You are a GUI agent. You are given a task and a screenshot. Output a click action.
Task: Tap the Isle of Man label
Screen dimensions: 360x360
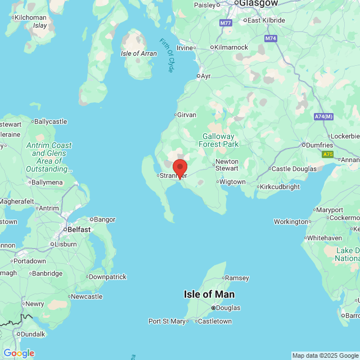(209, 294)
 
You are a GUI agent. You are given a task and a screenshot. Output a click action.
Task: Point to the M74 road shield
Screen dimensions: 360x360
(271, 38)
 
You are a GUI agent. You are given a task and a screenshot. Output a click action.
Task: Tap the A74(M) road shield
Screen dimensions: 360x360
(324, 116)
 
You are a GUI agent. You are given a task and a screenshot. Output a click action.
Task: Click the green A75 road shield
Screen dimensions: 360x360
(327, 154)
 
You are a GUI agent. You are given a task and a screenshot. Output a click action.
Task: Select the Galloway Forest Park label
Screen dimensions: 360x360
(218, 140)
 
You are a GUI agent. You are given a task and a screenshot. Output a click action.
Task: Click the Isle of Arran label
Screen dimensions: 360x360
(139, 53)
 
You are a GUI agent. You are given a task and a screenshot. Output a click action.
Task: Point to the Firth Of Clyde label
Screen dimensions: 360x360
(166, 56)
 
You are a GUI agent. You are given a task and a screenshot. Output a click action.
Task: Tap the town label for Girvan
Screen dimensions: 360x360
(186, 114)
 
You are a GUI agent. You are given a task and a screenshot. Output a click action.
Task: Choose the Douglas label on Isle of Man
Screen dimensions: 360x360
(228, 308)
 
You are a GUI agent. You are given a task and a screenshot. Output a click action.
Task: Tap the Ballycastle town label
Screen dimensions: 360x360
(51, 121)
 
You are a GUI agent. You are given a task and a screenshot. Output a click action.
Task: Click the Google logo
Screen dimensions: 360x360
(19, 353)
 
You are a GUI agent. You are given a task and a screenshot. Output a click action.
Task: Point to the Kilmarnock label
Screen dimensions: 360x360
(231, 47)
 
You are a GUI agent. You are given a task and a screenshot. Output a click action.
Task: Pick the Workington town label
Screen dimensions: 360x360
(291, 222)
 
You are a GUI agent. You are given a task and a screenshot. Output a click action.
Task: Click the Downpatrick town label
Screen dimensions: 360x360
(107, 277)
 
